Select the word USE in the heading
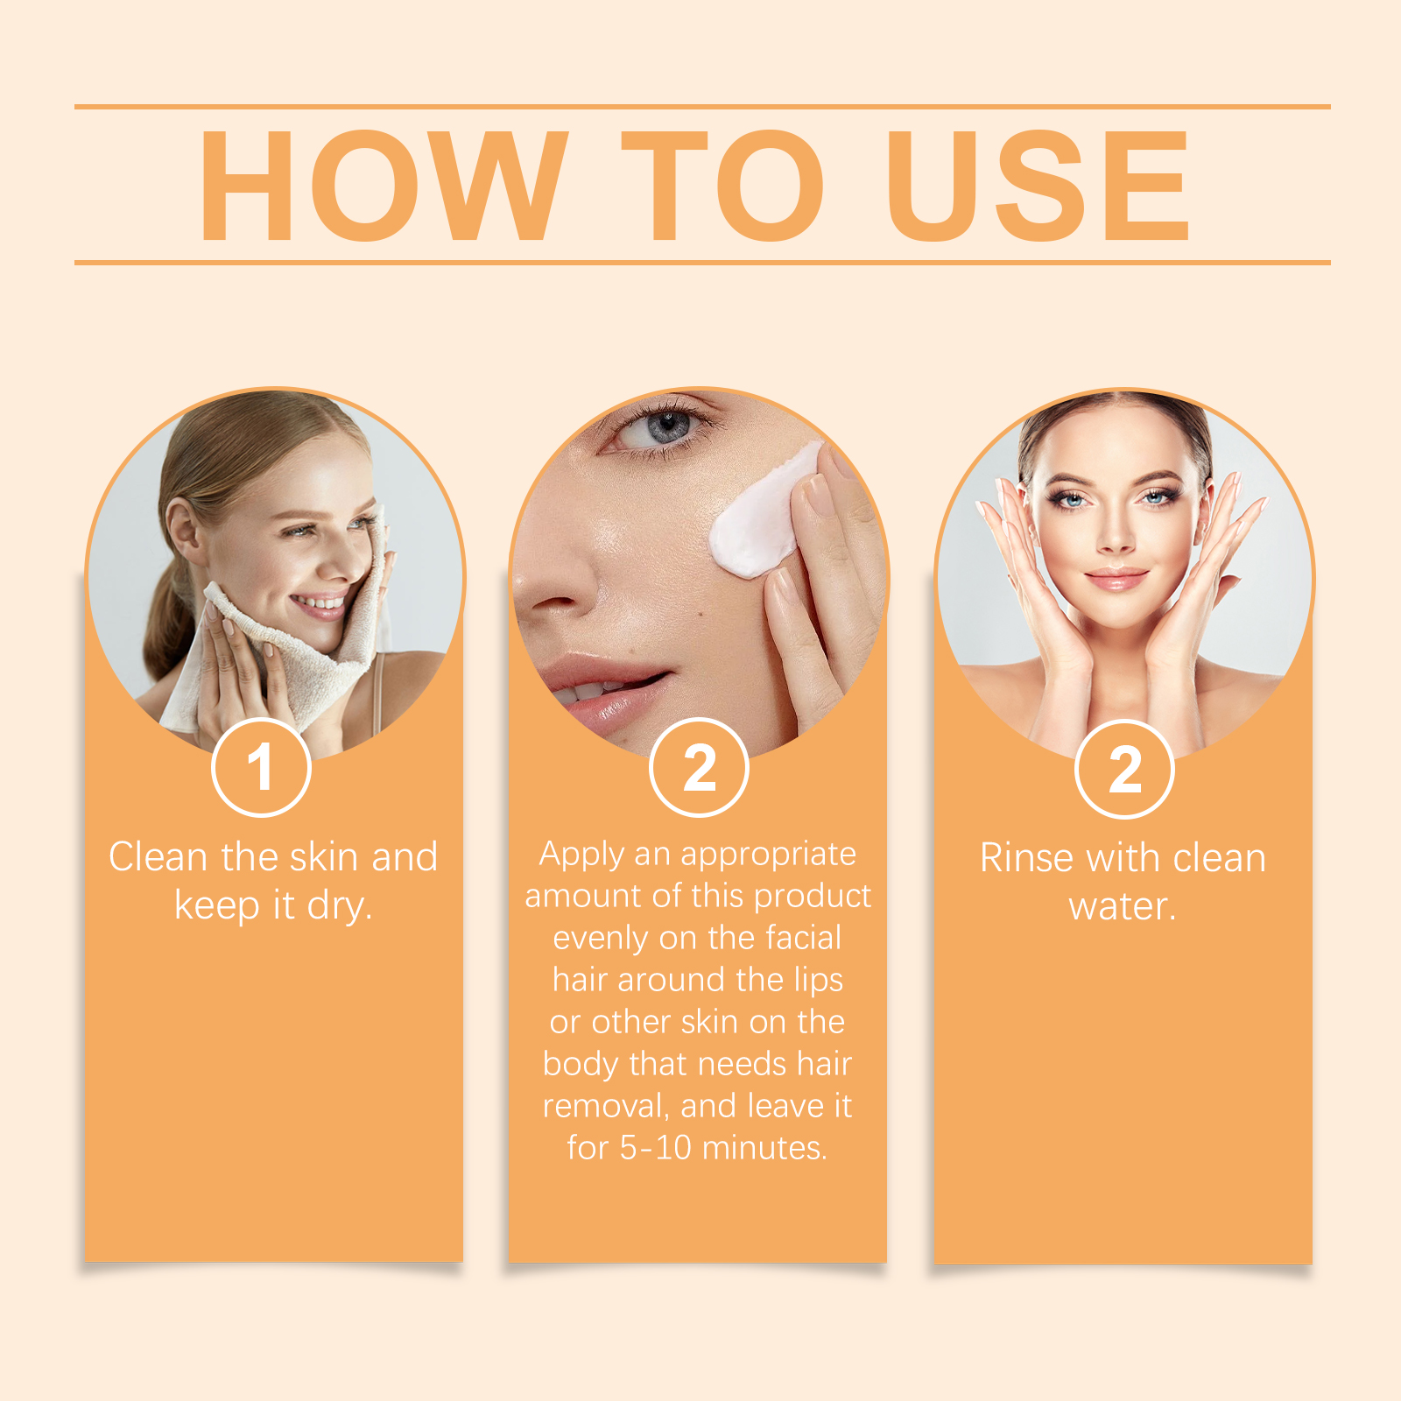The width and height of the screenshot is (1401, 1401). pyautogui.click(x=1038, y=185)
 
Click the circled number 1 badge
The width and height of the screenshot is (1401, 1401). pyautogui.click(x=261, y=767)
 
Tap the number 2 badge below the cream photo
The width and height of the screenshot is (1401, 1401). pyautogui.click(x=699, y=767)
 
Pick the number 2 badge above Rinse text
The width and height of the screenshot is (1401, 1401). pyautogui.click(x=1124, y=769)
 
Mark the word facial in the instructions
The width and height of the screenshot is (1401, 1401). pyautogui.click(x=804, y=937)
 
